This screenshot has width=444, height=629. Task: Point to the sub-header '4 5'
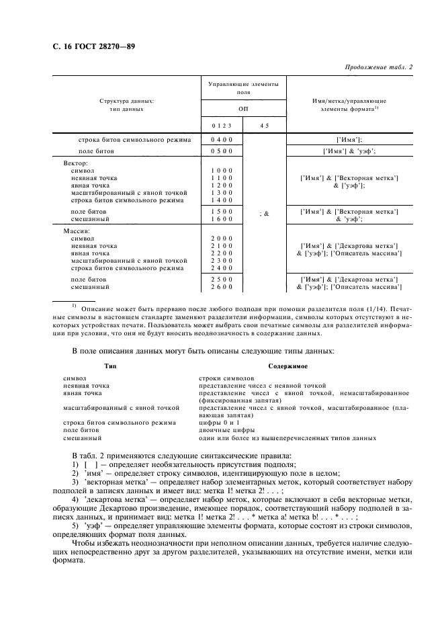coord(264,125)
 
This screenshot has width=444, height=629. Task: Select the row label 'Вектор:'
coord(75,163)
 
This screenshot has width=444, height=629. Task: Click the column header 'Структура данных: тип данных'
coord(126,104)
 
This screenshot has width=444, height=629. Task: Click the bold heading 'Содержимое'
coord(288,366)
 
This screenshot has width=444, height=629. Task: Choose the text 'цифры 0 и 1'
coord(218,422)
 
